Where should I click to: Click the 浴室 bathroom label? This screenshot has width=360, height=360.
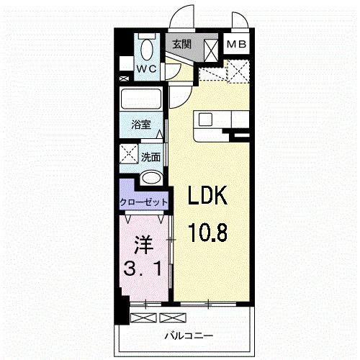141,125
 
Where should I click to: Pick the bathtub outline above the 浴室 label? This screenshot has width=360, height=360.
141,99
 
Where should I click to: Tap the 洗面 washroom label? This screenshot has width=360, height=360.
150,156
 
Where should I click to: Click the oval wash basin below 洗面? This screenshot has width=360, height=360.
150,179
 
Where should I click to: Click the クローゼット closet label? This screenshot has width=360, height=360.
144,202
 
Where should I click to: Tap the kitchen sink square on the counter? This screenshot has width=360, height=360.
203,118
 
